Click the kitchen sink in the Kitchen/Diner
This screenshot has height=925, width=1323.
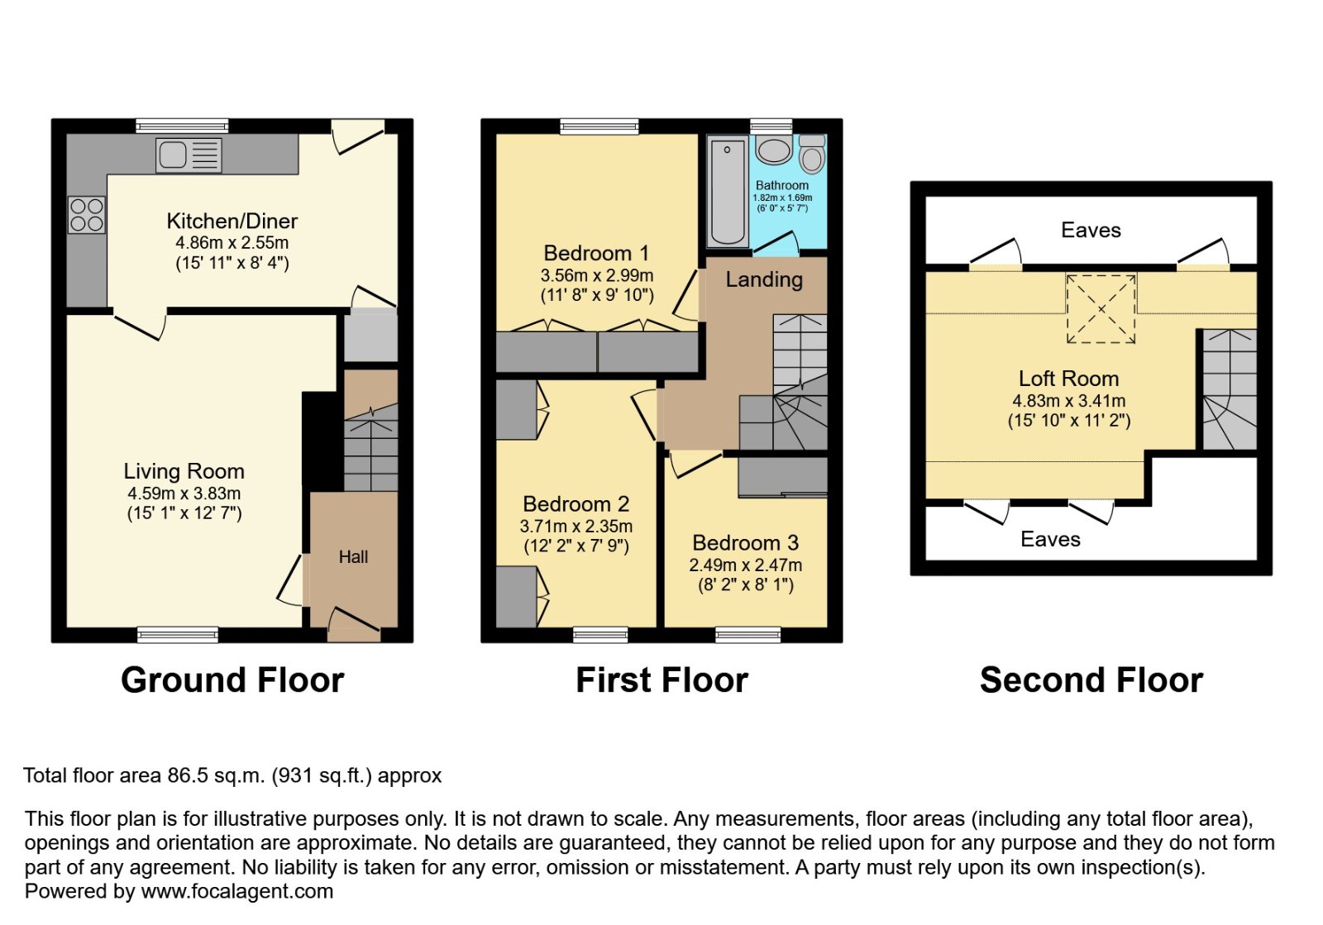pos(189,155)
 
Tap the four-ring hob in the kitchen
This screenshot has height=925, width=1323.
pos(87,214)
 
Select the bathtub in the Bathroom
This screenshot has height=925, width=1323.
pos(728,192)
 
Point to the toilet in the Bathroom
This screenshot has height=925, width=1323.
pos(812,155)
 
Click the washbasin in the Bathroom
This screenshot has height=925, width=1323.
pos(774,150)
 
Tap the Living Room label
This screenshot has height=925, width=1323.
pos(184,471)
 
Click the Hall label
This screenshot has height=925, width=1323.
pos(353,557)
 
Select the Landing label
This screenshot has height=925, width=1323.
pos(764,279)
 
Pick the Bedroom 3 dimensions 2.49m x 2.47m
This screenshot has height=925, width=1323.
pos(745,565)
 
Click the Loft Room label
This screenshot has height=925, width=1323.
pos(1068,379)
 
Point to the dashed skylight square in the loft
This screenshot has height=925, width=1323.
pos(1101,309)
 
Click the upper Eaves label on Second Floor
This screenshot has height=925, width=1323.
pos(1091,231)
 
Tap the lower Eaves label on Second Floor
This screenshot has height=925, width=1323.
pos(1050,540)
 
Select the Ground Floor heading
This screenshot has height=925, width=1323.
pos(232,680)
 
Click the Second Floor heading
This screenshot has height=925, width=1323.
pos(1091,680)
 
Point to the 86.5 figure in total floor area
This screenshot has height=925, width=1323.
pos(188,775)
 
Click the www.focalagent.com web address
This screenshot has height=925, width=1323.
pos(237,891)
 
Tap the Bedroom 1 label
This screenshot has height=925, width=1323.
pos(596,253)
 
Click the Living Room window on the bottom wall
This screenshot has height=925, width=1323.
pos(178,635)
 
